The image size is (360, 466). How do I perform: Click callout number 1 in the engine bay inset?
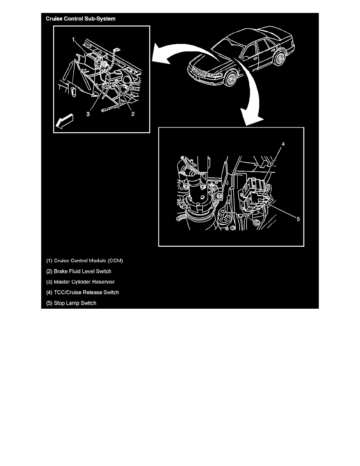click(x=73, y=39)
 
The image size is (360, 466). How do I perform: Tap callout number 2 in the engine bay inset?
click(x=133, y=114)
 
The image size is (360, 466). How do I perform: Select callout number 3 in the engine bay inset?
click(x=88, y=114)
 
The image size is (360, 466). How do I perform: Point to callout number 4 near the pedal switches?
click(x=283, y=144)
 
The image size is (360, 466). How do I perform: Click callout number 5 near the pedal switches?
click(x=298, y=219)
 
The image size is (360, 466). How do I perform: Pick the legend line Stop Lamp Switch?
click(x=71, y=303)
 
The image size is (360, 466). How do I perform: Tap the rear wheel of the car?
click(x=280, y=58)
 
